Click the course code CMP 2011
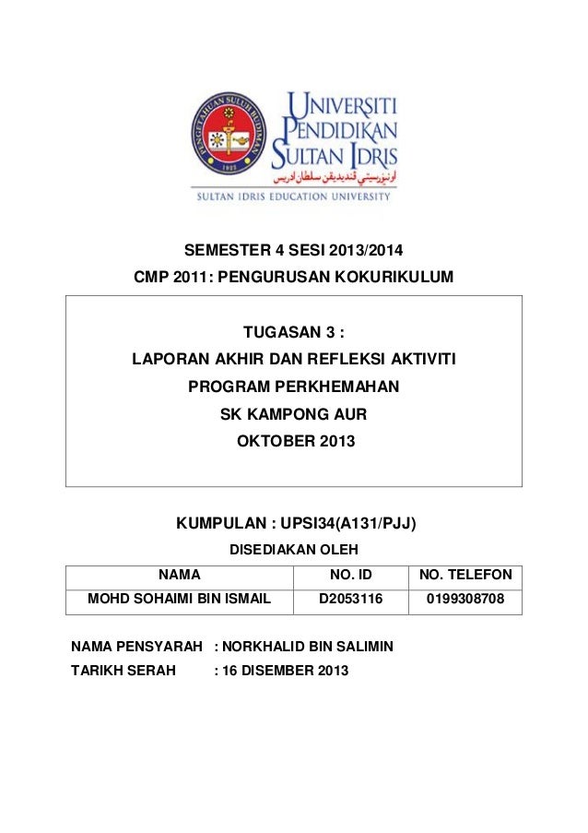(x=174, y=277)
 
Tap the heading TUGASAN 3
(x=294, y=332)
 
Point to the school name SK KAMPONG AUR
(x=294, y=414)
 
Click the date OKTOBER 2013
(x=295, y=442)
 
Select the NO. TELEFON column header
(x=465, y=577)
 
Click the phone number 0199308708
(x=465, y=601)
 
